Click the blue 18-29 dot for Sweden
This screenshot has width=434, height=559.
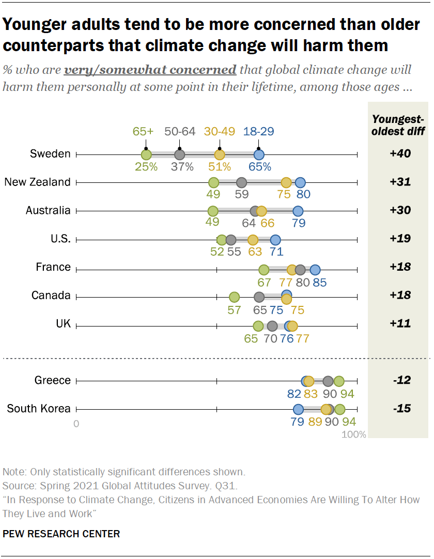(259, 154)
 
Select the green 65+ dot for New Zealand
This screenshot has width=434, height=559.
(213, 182)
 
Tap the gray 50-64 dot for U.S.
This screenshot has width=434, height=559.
(231, 240)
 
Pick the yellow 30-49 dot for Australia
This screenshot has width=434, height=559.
(261, 211)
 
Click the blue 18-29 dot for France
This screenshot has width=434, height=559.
(315, 269)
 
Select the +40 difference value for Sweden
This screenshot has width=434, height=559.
(400, 154)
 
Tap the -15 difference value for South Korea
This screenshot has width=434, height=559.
(400, 409)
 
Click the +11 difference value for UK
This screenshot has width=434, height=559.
(400, 324)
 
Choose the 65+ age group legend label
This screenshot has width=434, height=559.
(143, 131)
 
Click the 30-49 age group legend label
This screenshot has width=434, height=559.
(220, 131)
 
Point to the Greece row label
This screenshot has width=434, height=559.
(52, 380)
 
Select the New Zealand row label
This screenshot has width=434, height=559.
(37, 182)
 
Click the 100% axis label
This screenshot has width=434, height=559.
(353, 434)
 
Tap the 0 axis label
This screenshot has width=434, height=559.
(76, 424)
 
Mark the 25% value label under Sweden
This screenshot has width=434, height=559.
(146, 167)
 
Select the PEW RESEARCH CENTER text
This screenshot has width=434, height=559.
(61, 534)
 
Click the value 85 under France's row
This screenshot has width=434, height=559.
(319, 282)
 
